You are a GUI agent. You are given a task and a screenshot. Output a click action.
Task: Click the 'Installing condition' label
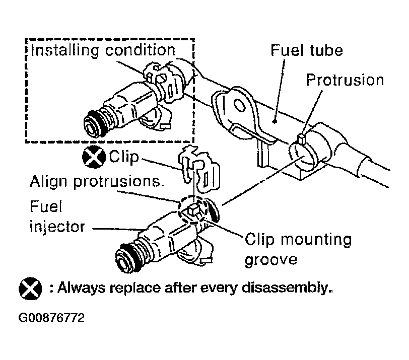click(103, 50)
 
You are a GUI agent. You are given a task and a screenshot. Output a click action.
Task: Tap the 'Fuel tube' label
click(307, 50)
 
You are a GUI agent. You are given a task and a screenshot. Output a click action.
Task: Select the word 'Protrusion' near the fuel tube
click(345, 80)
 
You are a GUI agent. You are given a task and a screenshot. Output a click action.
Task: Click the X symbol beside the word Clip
click(94, 157)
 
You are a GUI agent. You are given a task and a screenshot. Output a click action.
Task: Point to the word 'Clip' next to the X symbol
click(124, 157)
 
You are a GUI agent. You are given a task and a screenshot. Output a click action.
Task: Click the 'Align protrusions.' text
click(97, 181)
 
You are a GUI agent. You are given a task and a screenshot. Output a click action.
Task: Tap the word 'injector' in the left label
click(57, 227)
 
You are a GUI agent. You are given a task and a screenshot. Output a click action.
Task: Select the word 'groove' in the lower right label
click(271, 260)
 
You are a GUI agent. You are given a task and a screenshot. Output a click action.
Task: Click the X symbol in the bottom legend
click(30, 289)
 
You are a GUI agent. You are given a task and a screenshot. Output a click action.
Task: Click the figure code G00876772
click(51, 318)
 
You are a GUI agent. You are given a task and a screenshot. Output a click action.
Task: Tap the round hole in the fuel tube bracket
click(239, 106)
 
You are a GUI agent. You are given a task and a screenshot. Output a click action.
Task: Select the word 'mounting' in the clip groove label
click(317, 240)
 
